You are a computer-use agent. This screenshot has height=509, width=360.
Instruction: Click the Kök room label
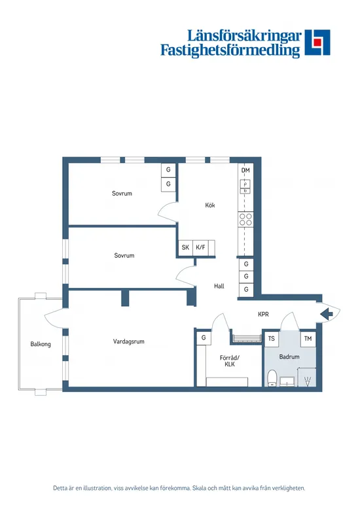[x=210, y=205]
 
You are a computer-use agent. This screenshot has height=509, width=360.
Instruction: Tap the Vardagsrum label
[x=128, y=342]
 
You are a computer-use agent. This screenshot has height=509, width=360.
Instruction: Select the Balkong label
[x=40, y=344]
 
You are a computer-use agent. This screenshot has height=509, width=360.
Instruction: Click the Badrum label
[x=289, y=357]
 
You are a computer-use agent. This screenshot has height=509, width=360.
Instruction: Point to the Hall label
[x=219, y=286]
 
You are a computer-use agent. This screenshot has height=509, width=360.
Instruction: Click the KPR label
[x=263, y=315]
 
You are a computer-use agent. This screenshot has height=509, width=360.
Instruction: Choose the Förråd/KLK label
[x=230, y=361]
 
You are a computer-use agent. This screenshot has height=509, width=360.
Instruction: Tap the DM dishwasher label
[x=245, y=171]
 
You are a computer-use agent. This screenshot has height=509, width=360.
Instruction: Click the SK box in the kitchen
[x=185, y=248]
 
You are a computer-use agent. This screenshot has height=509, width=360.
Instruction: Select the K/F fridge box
[x=200, y=248]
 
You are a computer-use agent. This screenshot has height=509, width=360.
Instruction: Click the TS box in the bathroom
[x=272, y=339]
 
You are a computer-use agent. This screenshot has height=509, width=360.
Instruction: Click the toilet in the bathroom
[x=272, y=378]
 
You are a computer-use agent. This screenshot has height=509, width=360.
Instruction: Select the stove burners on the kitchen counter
[x=246, y=220]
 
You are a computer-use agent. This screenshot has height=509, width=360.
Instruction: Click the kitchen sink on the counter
[x=246, y=187]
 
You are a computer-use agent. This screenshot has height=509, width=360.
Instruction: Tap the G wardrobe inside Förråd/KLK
[x=204, y=338]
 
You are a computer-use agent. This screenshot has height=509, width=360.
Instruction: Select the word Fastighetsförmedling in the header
[x=230, y=50]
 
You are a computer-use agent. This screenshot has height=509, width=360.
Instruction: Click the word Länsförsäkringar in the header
[x=244, y=35]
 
